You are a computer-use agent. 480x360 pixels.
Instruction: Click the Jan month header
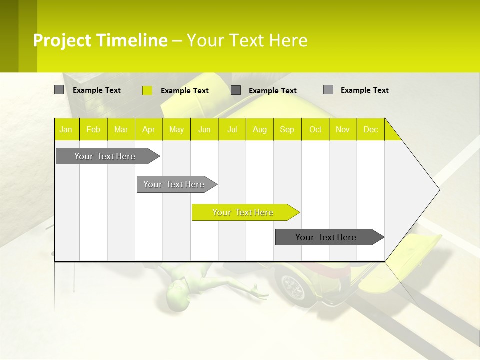coord(66,129)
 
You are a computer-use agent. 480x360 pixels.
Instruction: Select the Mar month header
coord(121,129)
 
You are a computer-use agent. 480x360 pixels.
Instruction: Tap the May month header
coord(176,129)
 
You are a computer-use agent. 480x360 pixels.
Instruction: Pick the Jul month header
coord(232,129)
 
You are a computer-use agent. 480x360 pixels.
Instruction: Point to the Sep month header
coord(287,129)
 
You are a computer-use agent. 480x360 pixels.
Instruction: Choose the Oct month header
coord(315,129)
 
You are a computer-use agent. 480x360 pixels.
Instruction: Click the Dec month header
coord(370,129)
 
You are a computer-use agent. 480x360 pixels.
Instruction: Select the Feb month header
coord(93,129)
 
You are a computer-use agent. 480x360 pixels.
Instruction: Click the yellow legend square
coord(147,90)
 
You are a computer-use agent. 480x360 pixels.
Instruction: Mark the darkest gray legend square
coord(236,90)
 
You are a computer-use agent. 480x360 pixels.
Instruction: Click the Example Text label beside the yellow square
coord(185,91)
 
